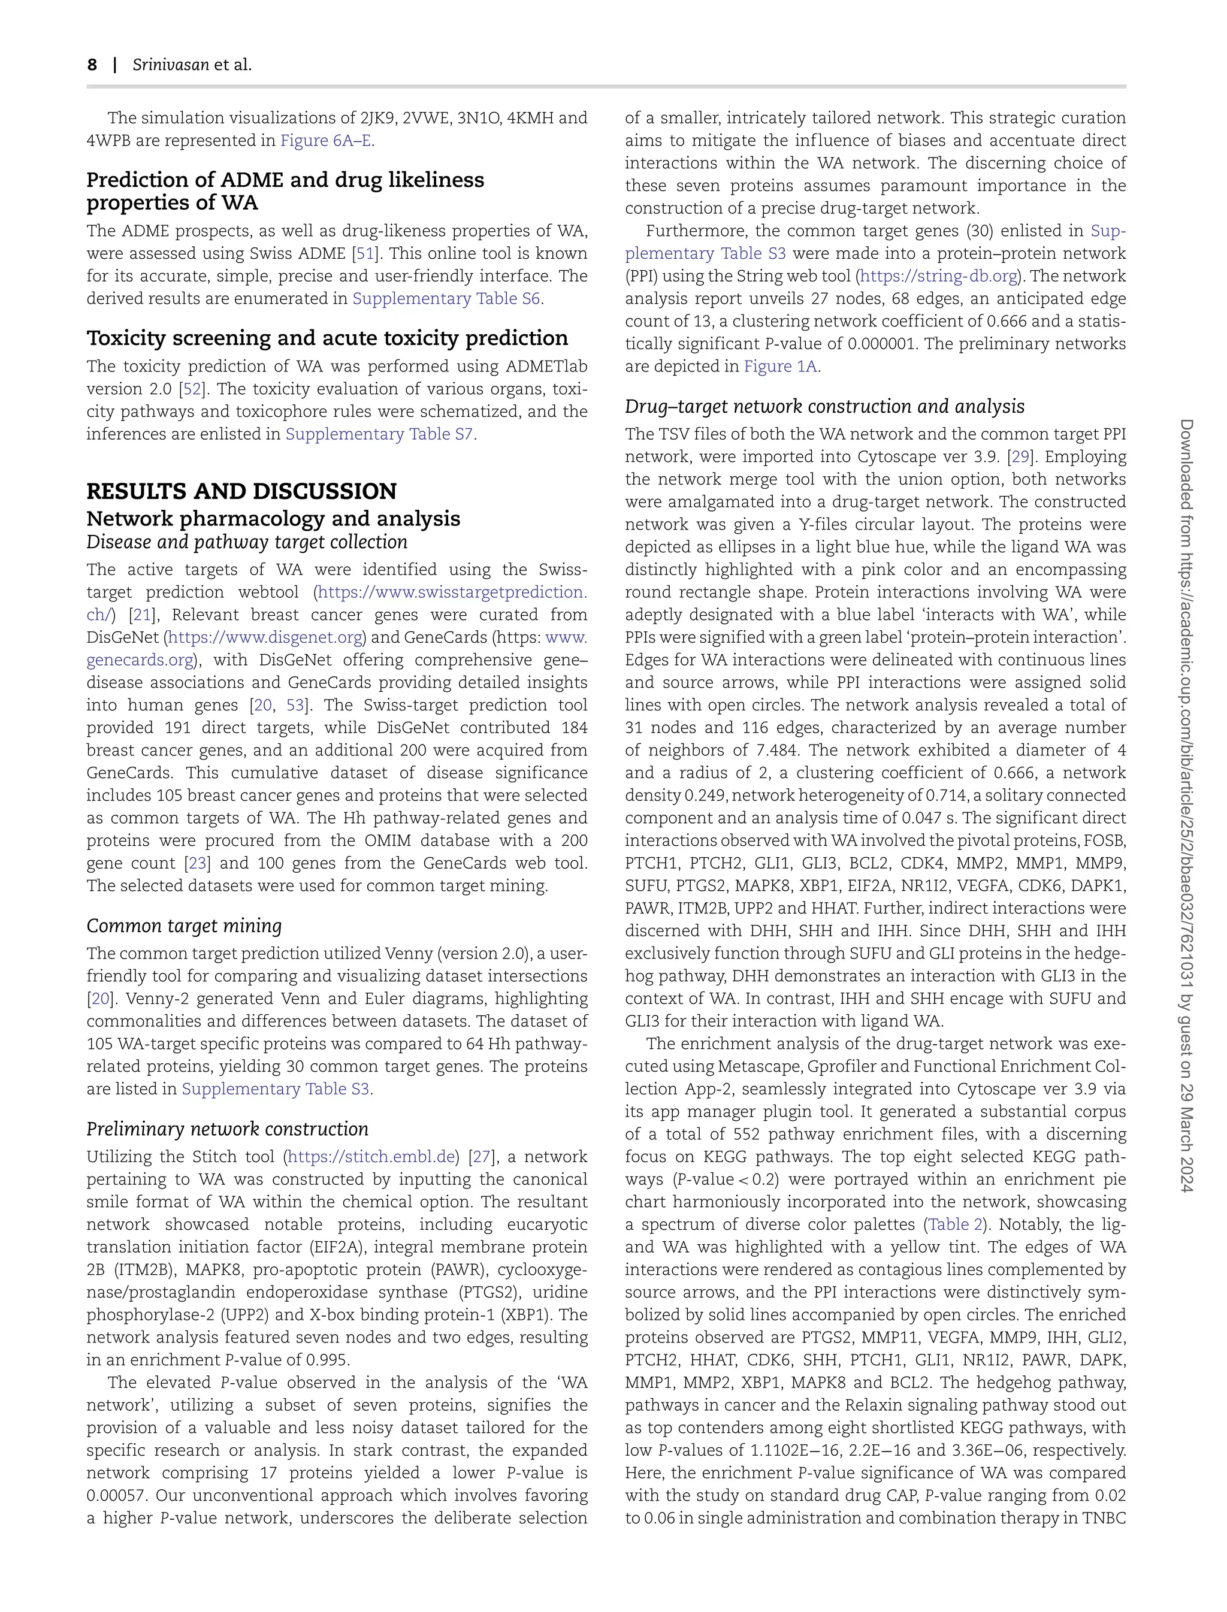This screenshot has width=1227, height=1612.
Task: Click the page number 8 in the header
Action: [x=92, y=65]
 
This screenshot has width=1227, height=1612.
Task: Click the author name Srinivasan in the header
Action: [x=170, y=65]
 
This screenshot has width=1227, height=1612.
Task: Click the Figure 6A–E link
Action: [x=326, y=141]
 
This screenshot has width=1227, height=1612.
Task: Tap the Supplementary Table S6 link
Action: [x=446, y=298]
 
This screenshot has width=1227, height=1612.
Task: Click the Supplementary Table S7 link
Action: [x=379, y=434]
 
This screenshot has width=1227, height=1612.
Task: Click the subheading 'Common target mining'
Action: [x=184, y=926]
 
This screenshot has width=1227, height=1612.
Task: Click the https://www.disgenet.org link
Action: [x=266, y=637]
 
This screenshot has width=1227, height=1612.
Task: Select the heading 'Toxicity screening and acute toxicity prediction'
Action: [x=327, y=338]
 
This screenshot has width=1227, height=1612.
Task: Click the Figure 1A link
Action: [x=780, y=367]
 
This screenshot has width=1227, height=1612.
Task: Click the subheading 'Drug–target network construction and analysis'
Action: [x=824, y=407]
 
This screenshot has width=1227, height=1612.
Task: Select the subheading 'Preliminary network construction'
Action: [x=227, y=1129]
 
